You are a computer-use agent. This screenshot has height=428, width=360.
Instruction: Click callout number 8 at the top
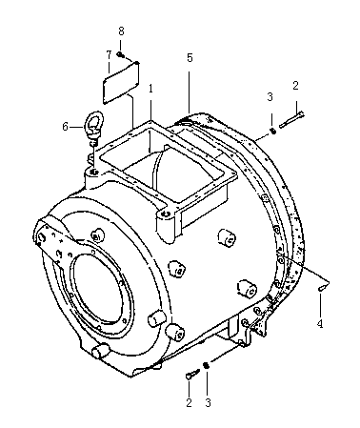(x=121, y=31)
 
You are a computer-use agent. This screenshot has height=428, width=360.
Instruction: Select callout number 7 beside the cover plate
(x=109, y=55)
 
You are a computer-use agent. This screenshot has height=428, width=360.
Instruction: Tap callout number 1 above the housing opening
(x=150, y=89)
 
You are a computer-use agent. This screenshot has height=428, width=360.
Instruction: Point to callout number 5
(x=190, y=58)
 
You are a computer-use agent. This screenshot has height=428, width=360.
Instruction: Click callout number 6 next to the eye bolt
(x=66, y=127)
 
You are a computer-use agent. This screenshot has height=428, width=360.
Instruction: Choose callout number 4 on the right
(x=320, y=324)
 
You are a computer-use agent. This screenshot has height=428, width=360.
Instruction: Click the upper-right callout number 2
(x=295, y=86)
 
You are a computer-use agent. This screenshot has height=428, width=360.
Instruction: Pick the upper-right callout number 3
(x=270, y=97)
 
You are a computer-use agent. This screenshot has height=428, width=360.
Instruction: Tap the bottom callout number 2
(x=189, y=403)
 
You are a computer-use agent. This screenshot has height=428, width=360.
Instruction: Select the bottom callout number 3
(x=208, y=403)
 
